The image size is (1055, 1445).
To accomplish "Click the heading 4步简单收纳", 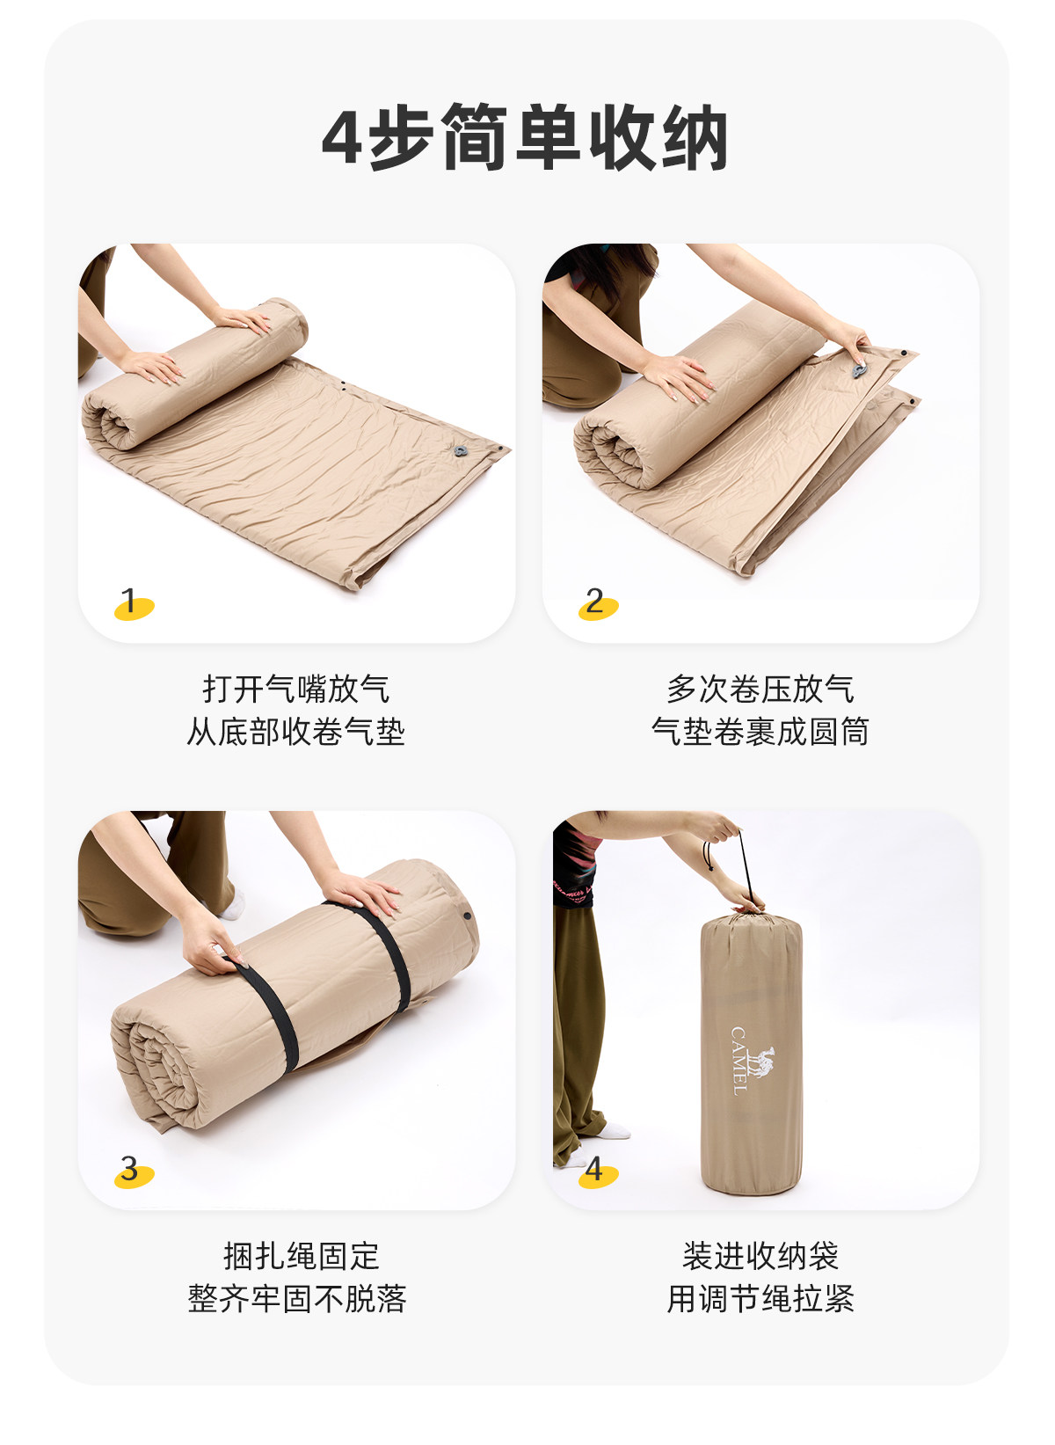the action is [525, 136].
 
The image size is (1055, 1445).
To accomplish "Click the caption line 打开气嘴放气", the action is [296, 689].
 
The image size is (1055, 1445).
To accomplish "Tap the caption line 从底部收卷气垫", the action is [296, 732].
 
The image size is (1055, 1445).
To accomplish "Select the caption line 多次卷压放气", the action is [760, 689].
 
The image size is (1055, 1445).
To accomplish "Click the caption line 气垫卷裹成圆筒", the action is [760, 732].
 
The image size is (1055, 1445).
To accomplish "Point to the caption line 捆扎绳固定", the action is [302, 1255].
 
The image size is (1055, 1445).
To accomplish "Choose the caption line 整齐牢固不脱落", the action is [297, 1298].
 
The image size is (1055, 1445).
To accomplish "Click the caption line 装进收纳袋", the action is [760, 1255].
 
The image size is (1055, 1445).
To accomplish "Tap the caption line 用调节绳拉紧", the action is [760, 1298].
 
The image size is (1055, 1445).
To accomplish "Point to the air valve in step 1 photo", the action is [460, 451].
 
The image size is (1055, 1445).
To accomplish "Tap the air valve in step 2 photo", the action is [859, 371].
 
